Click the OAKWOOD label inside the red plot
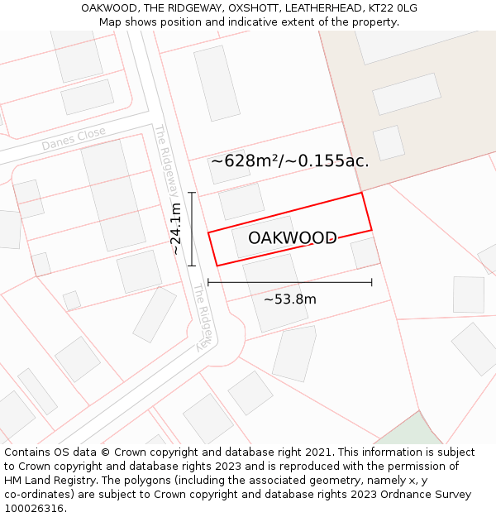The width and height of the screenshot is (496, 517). pos(292,238)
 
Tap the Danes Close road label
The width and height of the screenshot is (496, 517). pos(74,139)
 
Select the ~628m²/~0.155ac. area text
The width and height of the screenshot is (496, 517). pos(289,161)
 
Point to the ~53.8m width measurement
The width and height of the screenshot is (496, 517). pos(289,299)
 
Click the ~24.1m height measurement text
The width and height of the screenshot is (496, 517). pos(175,229)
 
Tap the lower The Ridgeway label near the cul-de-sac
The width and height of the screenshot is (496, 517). pos(203,318)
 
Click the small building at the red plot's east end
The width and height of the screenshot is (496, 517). pos(364,253)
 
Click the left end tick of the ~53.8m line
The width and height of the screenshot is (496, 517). pos(208,282)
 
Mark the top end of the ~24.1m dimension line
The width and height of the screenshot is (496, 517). pos(192,193)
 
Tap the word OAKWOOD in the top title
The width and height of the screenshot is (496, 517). pos(109,8)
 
